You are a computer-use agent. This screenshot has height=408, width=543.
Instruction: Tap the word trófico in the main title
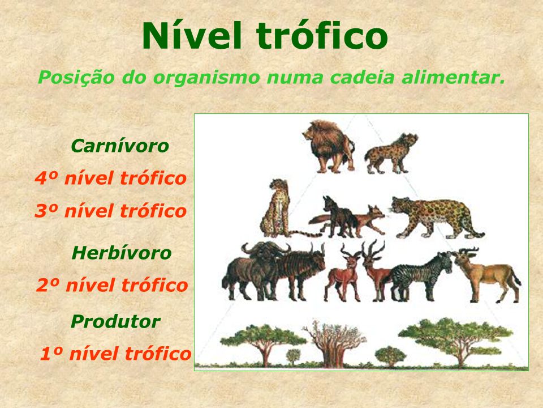[x=322, y=35]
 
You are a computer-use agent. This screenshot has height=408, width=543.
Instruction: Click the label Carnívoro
[x=120, y=146]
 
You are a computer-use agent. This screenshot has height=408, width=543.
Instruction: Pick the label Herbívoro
[x=121, y=253]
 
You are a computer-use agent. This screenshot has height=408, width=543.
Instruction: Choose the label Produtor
[x=115, y=322]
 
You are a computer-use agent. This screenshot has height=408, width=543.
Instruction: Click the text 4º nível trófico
[x=111, y=178]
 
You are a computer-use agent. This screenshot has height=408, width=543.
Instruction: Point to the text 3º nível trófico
[x=111, y=211]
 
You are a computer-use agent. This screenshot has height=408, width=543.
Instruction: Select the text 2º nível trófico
[x=112, y=285]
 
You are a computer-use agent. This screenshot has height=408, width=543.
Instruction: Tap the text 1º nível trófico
[x=115, y=354]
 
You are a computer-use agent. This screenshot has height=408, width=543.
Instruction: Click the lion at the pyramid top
[x=329, y=146]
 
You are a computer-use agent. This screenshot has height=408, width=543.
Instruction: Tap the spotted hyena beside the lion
[x=391, y=154]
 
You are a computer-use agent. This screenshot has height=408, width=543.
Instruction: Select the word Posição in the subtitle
[x=75, y=78]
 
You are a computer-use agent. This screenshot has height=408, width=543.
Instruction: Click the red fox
[x=360, y=220]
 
